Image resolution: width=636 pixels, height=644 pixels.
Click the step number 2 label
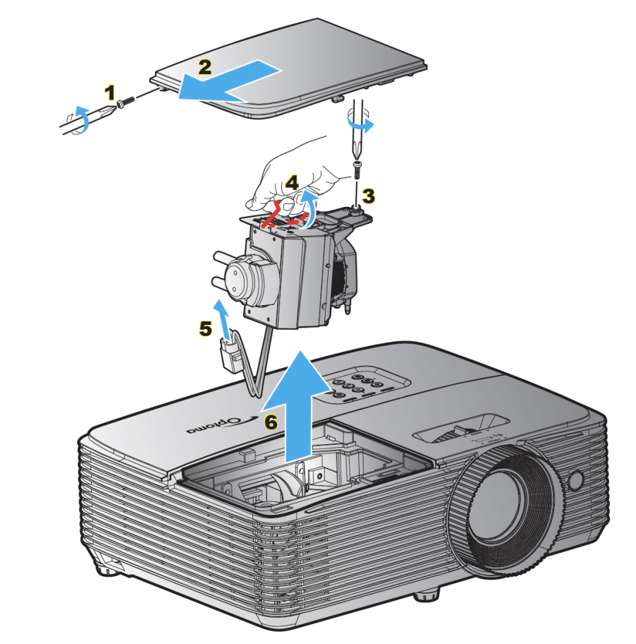point(204,67)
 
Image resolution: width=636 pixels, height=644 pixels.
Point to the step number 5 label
point(205,329)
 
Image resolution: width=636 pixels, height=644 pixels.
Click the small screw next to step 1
point(126,103)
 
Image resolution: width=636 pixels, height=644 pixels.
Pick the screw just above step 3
point(357,168)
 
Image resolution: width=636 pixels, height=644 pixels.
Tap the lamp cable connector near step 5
point(229,354)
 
